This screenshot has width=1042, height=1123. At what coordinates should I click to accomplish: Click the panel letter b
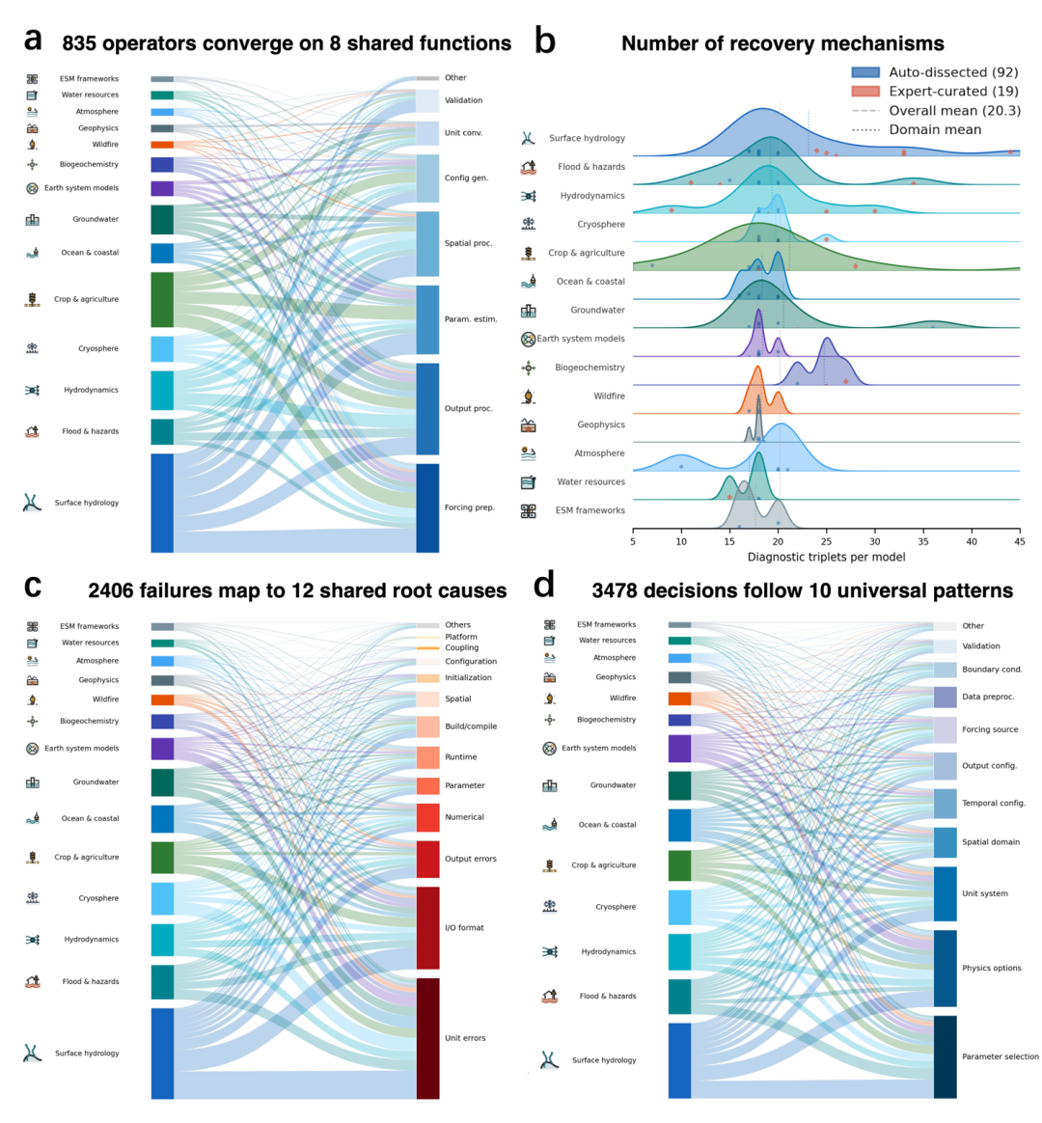[545, 41]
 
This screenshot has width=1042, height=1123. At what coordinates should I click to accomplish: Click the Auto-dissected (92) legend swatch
[865, 72]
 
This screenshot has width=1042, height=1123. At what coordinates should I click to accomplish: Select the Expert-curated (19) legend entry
[935, 91]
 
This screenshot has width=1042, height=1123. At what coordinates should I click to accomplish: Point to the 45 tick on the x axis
[1020, 541]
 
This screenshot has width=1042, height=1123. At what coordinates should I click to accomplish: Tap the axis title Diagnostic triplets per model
[827, 558]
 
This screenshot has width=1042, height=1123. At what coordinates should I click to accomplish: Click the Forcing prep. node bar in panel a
[427, 507]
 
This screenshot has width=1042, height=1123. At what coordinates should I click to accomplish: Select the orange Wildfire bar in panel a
[162, 145]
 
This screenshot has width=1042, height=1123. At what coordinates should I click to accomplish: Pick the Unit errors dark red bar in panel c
[428, 1038]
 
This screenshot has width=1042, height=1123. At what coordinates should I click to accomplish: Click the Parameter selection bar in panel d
[946, 1056]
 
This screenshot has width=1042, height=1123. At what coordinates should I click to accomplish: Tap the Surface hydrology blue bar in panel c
[162, 1054]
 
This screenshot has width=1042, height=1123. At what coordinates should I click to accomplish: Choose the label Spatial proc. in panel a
[468, 243]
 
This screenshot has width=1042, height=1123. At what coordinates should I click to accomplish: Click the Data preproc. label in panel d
[988, 697]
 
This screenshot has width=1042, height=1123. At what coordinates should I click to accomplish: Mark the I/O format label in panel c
[464, 927]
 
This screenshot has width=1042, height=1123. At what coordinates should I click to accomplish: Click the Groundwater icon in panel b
[529, 310]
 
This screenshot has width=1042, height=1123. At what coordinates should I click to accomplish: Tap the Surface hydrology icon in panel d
[549, 1059]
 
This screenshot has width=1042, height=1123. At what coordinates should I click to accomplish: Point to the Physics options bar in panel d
[946, 969]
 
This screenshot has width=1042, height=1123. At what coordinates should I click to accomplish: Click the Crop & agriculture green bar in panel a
[162, 299]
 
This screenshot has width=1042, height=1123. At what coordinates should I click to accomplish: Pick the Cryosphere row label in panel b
[601, 224]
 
